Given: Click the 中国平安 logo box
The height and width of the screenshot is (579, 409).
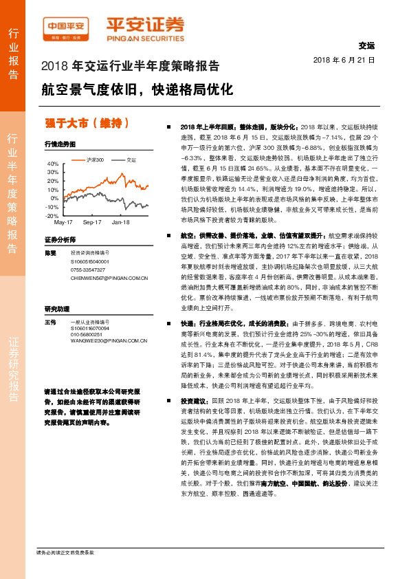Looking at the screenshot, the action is click(65, 26).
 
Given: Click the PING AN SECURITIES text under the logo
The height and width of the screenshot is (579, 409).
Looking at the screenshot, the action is click(144, 38).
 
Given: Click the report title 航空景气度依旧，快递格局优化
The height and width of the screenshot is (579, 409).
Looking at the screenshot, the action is click(137, 89).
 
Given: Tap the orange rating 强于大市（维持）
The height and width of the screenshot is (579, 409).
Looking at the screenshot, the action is click(87, 123).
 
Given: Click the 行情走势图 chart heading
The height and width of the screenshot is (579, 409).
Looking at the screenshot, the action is click(59, 144).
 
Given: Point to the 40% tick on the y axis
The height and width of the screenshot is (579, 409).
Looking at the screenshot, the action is click(52, 164).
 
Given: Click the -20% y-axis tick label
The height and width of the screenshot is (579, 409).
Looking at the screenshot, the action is click(52, 215).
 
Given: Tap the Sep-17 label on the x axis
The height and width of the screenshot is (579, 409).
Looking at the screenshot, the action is click(92, 223).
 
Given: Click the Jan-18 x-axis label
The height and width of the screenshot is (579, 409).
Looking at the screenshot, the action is click(121, 223).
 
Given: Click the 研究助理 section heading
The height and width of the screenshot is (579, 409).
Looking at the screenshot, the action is click(58, 308).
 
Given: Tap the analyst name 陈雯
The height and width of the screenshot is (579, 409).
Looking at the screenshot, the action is click(49, 253).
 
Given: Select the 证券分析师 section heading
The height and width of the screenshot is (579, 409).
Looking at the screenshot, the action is click(60, 239).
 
